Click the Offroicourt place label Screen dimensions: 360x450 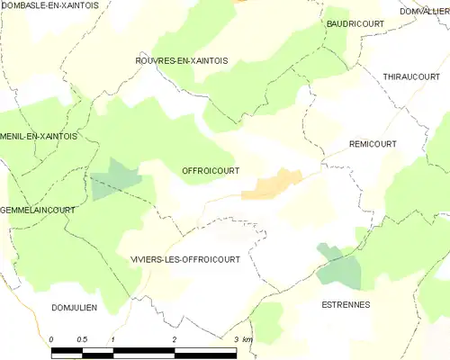[x=210, y=169]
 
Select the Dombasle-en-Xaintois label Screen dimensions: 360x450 [x=50, y=5]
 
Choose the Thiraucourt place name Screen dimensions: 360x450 [x=410, y=77]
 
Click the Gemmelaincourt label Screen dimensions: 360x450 [x=38, y=209]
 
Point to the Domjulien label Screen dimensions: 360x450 [x=74, y=307]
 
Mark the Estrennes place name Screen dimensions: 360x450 [x=346, y=305]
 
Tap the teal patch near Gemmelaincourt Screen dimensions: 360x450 [x=115, y=178]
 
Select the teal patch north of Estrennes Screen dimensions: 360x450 [x=340, y=266]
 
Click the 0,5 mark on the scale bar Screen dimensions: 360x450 [x=83, y=339]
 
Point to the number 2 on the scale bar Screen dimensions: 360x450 [x=174, y=339]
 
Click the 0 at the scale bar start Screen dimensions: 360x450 [x=52, y=339]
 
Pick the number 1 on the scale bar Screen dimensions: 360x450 [x=113, y=339]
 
